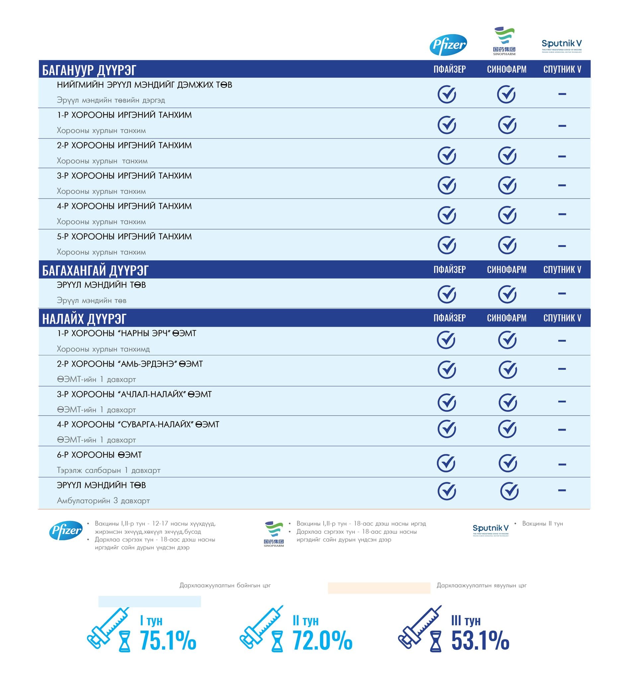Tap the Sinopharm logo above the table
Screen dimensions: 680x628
coord(504,41)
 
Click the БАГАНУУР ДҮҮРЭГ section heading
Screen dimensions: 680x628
coord(89,70)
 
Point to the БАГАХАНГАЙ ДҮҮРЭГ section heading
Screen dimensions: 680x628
coord(95,270)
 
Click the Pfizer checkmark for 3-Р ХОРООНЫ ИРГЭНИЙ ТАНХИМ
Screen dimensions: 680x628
coord(446,185)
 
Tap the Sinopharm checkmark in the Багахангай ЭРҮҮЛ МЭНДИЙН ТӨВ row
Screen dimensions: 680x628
coord(507,294)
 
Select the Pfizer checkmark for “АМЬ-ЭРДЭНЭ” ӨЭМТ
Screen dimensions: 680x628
coord(446,370)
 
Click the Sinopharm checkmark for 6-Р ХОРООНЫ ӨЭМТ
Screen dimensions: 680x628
coord(508,463)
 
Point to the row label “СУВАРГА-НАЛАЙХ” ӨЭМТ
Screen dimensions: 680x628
coord(138,424)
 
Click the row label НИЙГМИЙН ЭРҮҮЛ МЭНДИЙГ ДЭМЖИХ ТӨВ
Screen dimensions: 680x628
coord(144,85)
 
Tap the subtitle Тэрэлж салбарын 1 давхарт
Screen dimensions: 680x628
coord(109,470)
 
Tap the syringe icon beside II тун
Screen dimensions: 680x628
coord(261,628)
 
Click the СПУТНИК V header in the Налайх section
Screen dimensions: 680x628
coord(562,318)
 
